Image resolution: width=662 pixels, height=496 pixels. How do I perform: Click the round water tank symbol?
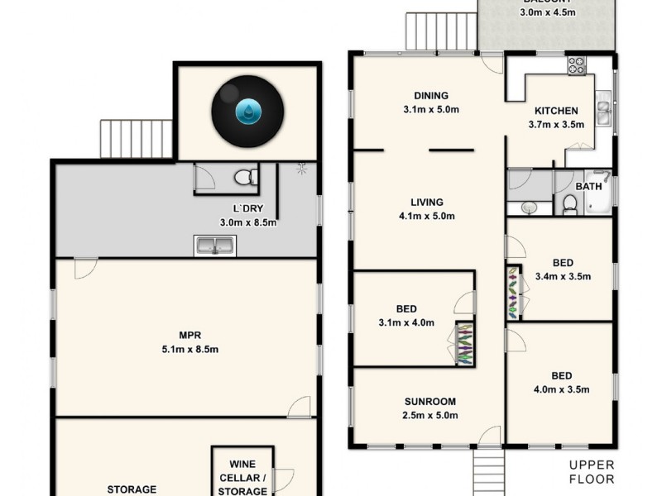pos(247,113)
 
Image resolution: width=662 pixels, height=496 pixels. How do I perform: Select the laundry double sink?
pos(215,246)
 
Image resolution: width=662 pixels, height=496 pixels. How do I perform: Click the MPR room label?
pos(190,335)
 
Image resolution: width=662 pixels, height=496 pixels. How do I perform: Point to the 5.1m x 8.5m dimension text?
pos(190,349)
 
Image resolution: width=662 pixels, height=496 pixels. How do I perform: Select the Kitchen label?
pos(555,111)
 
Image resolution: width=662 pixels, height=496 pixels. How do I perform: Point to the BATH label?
pos(588,187)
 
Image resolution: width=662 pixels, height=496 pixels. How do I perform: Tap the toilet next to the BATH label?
pos(569,203)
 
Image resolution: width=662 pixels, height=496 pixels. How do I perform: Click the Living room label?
pos(426,202)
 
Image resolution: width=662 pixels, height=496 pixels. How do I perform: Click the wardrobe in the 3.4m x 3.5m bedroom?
pos(514,292)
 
